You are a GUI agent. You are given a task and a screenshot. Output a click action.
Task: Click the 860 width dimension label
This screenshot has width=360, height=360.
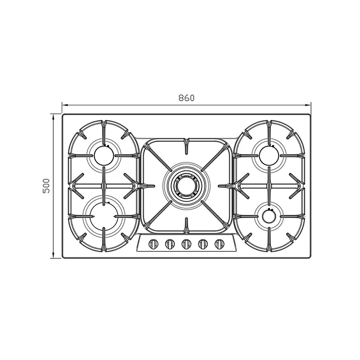(186, 98)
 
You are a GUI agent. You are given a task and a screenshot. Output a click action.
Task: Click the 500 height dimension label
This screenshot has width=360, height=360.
(46, 186)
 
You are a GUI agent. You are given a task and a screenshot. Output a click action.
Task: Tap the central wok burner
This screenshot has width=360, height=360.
(186, 186)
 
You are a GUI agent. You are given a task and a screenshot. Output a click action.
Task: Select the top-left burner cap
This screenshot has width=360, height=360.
(104, 155)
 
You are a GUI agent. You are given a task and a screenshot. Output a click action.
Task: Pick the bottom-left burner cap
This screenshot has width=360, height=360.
(104, 216)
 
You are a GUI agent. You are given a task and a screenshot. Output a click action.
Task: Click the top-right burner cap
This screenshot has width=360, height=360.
(269, 155)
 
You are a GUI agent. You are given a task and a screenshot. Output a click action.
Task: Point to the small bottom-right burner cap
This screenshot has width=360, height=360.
(269, 216)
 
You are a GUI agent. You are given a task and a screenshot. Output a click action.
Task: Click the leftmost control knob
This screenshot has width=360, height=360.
(153, 244)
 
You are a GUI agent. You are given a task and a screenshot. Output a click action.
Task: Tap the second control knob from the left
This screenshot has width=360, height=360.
(170, 244)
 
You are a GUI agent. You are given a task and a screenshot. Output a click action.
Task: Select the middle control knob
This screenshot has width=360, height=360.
(186, 244)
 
